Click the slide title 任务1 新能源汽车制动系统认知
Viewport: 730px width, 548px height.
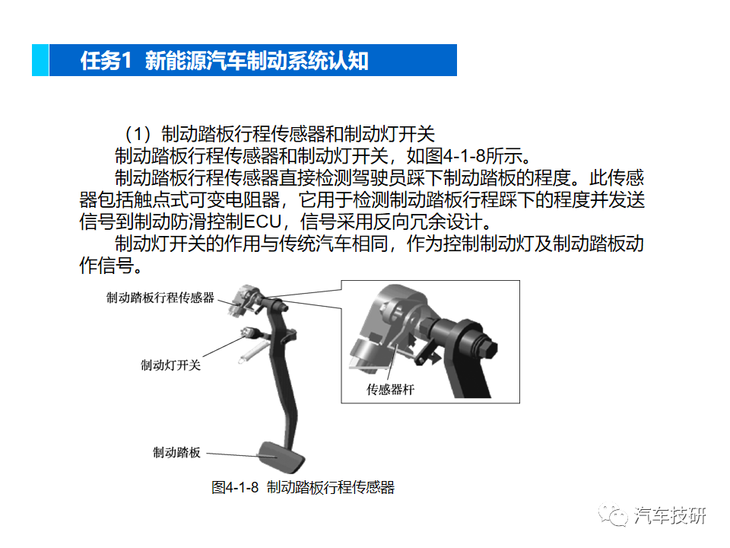224,61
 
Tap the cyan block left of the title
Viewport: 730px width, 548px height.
40,61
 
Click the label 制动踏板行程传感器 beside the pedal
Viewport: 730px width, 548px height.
160,298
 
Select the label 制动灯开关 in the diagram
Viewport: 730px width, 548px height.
170,365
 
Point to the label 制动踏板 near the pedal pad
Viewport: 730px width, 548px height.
177,453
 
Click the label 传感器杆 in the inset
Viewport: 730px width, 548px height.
391,390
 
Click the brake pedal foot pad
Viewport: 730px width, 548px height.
281,456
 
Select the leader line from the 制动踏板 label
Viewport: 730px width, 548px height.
232,454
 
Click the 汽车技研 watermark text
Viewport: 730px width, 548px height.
670,515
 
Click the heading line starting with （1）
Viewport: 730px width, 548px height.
281,135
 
